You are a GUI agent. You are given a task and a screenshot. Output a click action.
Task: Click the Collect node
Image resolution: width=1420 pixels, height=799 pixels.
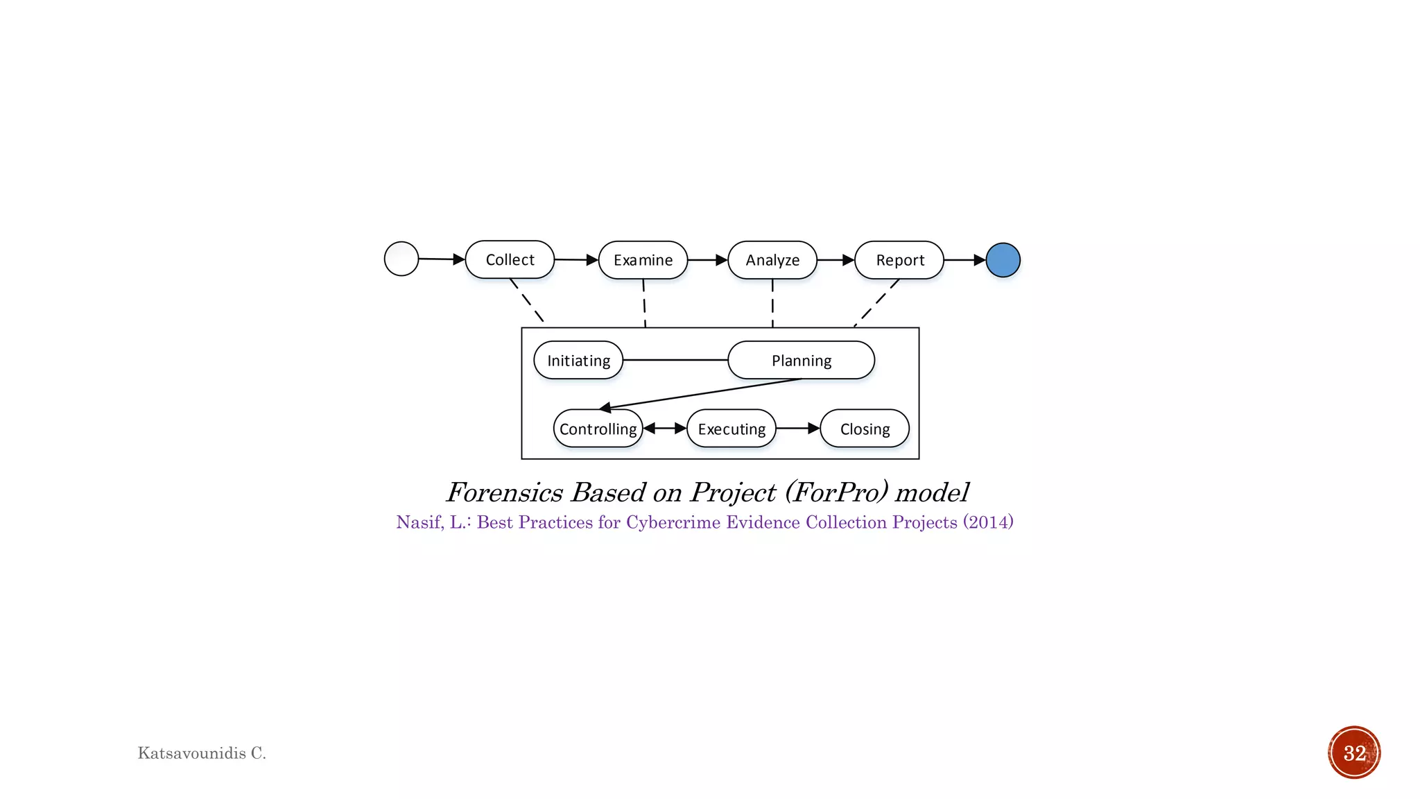(510, 260)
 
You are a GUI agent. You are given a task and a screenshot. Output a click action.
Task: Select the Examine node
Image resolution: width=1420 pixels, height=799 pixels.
(643, 260)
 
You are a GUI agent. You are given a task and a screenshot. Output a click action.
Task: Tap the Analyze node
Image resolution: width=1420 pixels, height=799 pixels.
(772, 260)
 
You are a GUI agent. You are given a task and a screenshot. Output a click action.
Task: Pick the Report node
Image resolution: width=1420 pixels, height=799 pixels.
(899, 260)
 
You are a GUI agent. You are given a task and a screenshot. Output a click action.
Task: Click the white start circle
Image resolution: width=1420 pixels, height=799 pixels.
(401, 259)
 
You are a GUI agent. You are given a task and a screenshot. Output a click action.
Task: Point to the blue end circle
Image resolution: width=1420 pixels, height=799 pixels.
(1003, 260)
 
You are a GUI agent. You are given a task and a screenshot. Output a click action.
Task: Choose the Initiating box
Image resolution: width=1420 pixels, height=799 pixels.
(578, 360)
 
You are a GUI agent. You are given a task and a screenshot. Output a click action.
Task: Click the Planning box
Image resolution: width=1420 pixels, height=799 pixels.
(801, 360)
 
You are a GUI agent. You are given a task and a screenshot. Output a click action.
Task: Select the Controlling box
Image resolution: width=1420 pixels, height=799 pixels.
(598, 429)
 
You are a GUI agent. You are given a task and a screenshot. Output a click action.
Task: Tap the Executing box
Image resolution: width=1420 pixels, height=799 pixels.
(731, 429)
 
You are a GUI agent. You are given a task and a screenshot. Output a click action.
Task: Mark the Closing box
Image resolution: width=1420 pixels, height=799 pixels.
(865, 429)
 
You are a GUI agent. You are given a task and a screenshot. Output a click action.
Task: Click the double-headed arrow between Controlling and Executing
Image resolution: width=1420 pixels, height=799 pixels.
(665, 429)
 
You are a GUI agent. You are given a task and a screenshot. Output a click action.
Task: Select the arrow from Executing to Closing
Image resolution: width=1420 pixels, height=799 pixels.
(797, 429)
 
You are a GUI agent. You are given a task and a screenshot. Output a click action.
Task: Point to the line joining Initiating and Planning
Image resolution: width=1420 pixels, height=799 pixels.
(675, 360)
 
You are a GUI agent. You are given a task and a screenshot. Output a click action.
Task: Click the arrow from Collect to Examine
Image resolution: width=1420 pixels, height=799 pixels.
(575, 260)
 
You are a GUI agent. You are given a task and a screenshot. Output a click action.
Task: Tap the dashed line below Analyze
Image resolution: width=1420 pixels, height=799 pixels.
(772, 303)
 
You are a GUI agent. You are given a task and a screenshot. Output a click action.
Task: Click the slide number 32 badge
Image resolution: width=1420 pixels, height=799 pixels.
(1354, 753)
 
